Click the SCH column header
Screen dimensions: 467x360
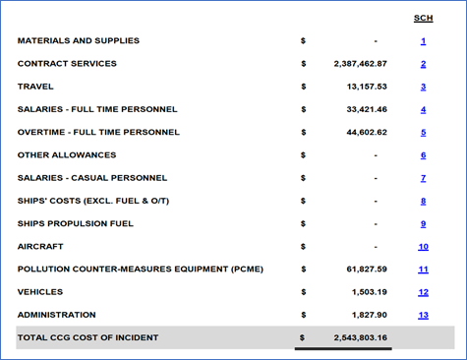(423, 19)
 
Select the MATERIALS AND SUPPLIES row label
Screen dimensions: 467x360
(79, 41)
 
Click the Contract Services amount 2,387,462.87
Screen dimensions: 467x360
(361, 64)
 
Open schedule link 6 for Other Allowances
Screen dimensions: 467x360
(423, 155)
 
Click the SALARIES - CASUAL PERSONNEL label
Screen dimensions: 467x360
(92, 178)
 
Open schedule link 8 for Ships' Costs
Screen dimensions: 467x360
(423, 201)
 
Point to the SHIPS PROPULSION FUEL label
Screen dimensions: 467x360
(76, 223)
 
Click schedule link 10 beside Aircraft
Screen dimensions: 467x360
(423, 247)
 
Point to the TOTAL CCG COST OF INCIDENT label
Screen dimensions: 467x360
(88, 338)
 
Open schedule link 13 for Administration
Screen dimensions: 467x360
(423, 315)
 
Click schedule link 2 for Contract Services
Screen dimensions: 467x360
(423, 64)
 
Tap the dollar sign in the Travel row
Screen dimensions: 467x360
(304, 87)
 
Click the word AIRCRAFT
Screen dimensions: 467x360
(38, 246)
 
